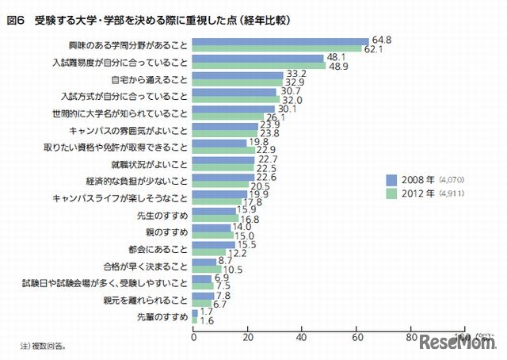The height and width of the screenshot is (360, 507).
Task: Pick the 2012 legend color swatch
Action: pos(391,193)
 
